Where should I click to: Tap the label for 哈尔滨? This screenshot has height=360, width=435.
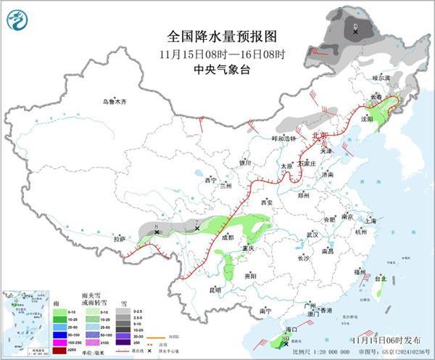(x=381, y=78)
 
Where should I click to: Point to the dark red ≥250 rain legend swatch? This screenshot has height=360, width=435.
(x=59, y=351)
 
